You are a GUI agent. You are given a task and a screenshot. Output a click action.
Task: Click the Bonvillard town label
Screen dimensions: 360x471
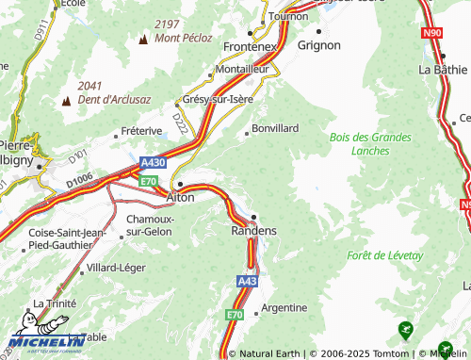[275, 127]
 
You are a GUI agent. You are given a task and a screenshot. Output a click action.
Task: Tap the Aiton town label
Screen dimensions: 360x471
[180, 198]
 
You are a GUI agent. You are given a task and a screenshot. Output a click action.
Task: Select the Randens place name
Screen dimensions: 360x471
[253, 231]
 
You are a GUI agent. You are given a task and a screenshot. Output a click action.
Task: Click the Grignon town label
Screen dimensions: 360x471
[318, 43]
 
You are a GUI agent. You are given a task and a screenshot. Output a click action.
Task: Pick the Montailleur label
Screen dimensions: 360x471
[242, 70]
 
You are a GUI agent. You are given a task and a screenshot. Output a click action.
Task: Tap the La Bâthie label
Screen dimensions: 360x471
[443, 69]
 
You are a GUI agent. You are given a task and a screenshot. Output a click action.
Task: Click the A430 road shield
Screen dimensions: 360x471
[153, 162]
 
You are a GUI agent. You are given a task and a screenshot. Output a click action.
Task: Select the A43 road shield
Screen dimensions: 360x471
[247, 281]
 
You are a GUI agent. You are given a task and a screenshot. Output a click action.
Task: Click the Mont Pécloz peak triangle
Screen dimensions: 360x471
[143, 40]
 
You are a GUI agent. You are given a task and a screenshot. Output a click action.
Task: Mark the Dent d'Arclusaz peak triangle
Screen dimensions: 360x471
[67, 100]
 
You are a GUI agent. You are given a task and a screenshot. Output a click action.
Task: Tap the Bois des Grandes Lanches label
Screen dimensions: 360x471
[370, 143]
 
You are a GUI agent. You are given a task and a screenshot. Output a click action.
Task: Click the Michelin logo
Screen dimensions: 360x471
[45, 341]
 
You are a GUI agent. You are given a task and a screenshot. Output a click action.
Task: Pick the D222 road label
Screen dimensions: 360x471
[180, 120]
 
